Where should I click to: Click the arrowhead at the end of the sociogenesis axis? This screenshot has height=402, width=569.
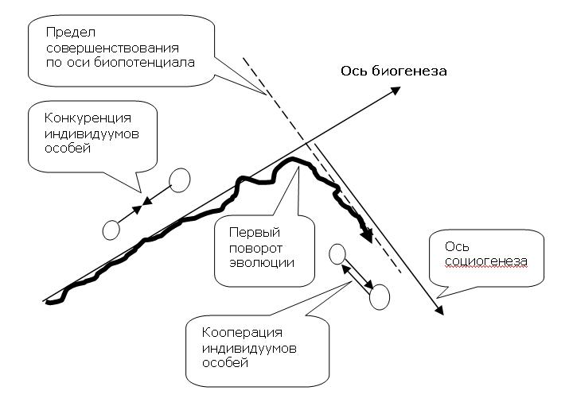[438, 310]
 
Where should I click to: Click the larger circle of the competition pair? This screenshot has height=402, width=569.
[180, 180]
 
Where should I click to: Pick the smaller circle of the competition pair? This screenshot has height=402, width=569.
[111, 230]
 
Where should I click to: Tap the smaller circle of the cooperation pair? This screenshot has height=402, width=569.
[337, 255]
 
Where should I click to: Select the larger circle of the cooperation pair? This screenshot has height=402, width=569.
[379, 296]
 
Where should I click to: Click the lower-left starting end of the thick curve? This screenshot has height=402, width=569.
[50, 302]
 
